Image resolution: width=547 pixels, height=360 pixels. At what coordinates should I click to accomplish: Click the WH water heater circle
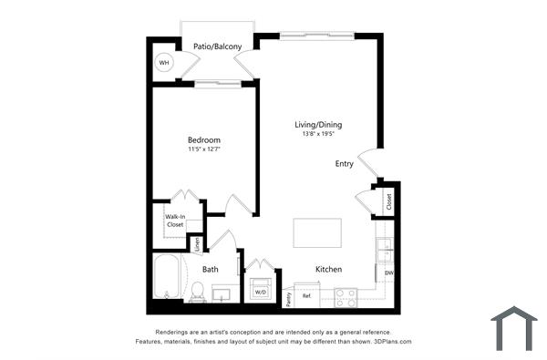164,63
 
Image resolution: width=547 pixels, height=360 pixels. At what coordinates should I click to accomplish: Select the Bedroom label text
204,139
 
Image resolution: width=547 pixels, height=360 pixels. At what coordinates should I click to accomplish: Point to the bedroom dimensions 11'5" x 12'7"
204,149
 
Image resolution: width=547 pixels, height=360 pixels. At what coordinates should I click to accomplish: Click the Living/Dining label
318,125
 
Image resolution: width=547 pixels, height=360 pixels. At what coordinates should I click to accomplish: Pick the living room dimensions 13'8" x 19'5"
318,134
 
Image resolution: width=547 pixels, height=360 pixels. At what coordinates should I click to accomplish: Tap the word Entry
345,164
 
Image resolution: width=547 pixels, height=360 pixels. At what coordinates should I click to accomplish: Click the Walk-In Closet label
175,221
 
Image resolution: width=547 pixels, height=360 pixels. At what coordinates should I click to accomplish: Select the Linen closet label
197,244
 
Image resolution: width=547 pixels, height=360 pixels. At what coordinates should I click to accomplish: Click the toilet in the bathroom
197,291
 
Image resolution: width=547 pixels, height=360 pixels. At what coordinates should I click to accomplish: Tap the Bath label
211,269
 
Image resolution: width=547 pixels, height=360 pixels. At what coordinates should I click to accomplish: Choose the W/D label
260,293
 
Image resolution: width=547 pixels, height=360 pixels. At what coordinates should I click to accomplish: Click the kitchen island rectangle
317,232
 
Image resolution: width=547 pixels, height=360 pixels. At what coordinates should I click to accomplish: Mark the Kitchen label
328,270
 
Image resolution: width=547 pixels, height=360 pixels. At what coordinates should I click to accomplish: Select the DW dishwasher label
388,273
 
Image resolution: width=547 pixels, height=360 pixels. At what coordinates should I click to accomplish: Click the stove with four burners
346,296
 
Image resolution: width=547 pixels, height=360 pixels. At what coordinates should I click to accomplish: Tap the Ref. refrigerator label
307,296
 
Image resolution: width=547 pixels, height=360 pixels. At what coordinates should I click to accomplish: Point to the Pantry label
288,295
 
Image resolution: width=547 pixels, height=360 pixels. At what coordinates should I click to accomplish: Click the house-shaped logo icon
513,328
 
